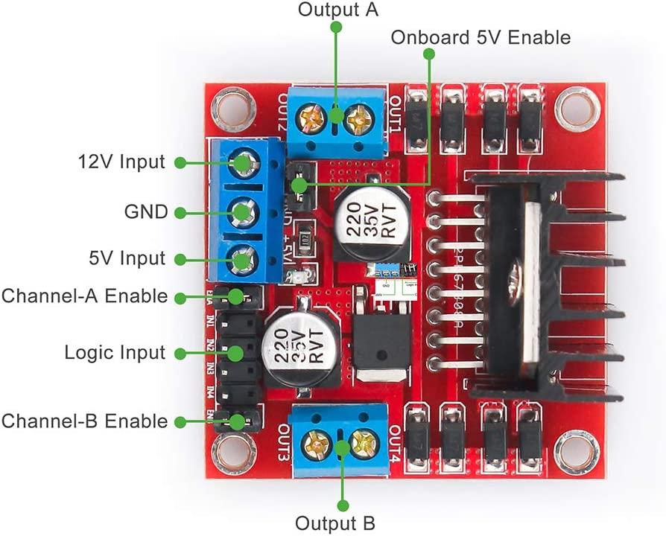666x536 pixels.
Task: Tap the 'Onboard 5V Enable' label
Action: tap(481, 37)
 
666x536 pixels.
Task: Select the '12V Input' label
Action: tap(121, 162)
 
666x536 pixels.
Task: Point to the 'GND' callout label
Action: tap(145, 211)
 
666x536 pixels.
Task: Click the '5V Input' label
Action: tap(127, 259)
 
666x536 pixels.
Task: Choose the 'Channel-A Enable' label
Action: tap(84, 296)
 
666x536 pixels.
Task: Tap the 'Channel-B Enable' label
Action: tap(84, 421)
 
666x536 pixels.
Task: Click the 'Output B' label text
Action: tap(335, 522)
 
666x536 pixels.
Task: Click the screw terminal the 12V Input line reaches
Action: tap(241, 162)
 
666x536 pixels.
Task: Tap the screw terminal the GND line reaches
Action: tap(241, 212)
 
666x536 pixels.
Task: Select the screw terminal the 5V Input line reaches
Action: tap(241, 261)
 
